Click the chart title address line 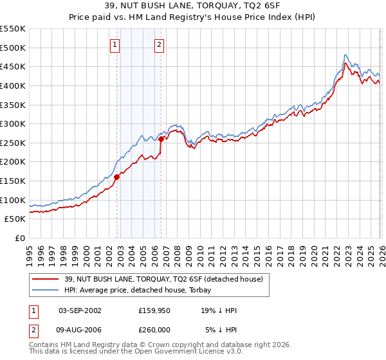click(x=193, y=5)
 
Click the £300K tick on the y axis click(x=13, y=123)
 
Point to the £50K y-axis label click(x=15, y=219)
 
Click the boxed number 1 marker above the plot click(x=115, y=45)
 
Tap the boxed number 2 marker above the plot click(x=159, y=45)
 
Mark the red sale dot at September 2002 click(x=116, y=177)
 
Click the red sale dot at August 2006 click(x=161, y=139)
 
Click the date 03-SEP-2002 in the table click(x=80, y=310)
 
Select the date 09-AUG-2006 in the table click(x=80, y=328)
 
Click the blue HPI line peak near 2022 click(x=345, y=55)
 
